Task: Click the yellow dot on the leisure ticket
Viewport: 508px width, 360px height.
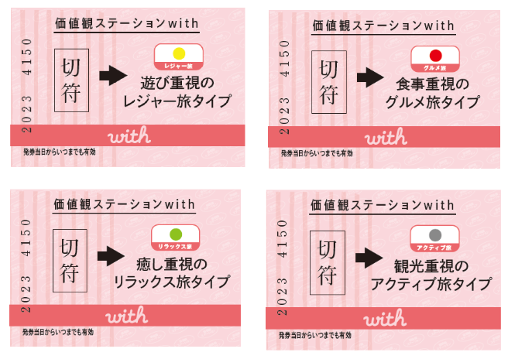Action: tap(180, 52)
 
